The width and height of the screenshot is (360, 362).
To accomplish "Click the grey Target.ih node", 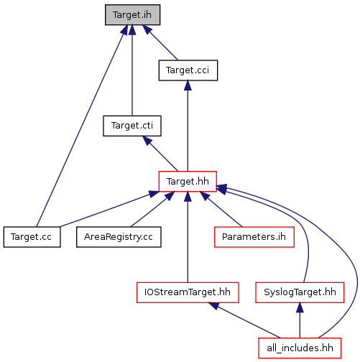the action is (132, 14).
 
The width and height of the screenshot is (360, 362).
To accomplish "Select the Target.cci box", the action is (188, 70).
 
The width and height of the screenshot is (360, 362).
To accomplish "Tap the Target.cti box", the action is (132, 126).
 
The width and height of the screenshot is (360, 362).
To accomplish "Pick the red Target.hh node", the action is (188, 181).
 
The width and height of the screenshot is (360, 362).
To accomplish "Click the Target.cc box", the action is (32, 237).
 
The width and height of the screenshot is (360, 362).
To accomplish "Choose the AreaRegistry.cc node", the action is (119, 237).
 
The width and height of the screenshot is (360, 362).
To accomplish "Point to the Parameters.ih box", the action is (254, 237).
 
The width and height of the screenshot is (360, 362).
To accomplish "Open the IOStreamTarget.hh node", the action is (188, 292).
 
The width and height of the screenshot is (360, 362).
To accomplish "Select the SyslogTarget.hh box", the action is (300, 292).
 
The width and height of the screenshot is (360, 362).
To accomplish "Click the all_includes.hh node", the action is (300, 348).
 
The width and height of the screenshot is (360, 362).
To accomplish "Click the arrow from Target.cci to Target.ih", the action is (160, 42).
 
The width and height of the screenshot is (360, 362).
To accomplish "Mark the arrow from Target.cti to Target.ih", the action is (132, 70).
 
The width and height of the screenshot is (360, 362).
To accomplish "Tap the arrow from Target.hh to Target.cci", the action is (188, 126).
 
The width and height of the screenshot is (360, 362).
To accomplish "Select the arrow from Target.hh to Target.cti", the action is (160, 154).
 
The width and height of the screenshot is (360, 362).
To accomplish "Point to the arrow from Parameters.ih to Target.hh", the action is (221, 209).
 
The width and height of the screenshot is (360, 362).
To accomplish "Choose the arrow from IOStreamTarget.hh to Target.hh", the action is (188, 237).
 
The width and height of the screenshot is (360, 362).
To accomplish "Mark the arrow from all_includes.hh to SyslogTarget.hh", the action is (300, 320).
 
